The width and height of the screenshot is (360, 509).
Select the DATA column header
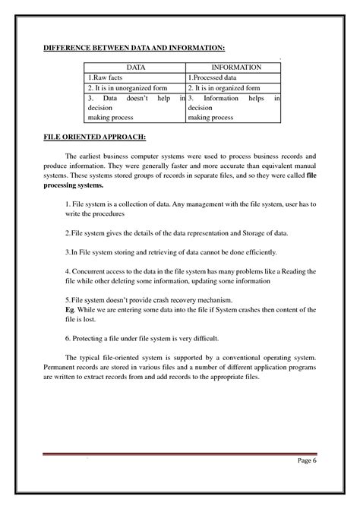[x=134, y=67]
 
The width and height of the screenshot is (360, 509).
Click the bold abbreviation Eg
[x=69, y=311]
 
